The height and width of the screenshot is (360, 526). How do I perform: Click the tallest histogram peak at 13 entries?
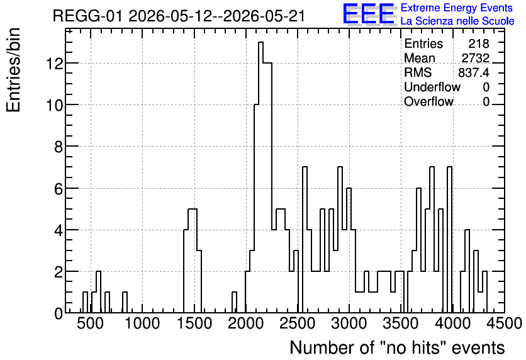click(260, 42)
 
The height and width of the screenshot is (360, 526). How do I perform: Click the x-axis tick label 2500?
click(298, 323)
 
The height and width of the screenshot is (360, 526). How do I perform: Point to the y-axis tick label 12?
click(55, 64)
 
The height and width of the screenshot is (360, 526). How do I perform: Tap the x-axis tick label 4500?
click(505, 323)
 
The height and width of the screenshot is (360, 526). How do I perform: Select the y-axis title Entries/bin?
click(13, 70)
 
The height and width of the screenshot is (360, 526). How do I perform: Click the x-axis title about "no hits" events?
click(397, 347)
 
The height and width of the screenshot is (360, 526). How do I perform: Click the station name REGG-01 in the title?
click(88, 16)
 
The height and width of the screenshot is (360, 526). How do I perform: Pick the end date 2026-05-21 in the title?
click(264, 16)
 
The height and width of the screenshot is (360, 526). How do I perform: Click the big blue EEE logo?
click(369, 14)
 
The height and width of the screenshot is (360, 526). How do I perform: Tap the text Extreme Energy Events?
click(457, 8)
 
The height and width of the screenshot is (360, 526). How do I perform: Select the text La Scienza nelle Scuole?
click(457, 21)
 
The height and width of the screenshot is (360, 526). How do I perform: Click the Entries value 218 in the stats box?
click(479, 43)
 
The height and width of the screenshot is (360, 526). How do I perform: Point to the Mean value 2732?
click(475, 58)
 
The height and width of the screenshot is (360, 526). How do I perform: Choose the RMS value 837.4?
click(474, 72)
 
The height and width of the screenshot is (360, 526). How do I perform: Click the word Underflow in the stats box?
click(432, 87)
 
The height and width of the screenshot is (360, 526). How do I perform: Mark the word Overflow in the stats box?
click(428, 101)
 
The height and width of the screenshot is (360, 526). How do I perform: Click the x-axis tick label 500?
click(90, 323)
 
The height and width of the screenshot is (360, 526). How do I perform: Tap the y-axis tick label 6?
click(59, 189)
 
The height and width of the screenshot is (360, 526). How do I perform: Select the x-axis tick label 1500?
click(194, 323)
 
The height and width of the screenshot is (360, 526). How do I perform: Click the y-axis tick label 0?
click(59, 313)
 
